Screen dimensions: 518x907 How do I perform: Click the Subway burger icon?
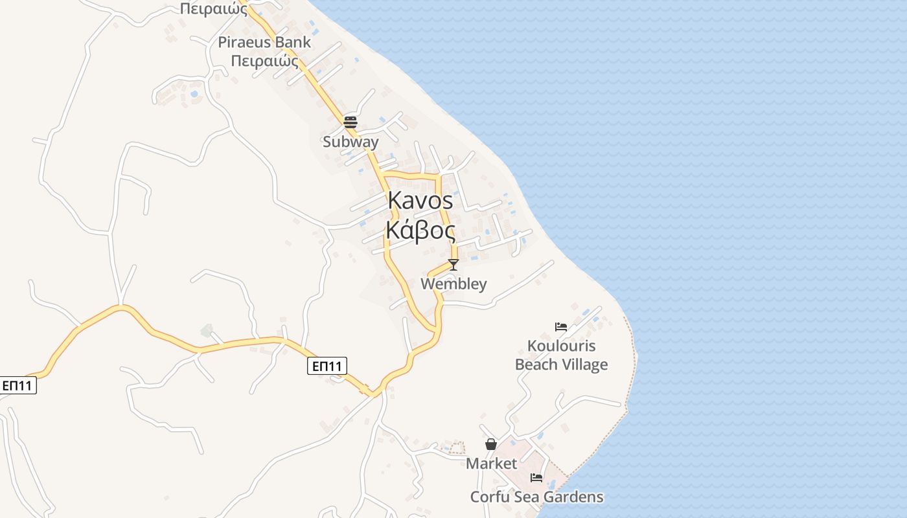pyautogui.click(x=350, y=122)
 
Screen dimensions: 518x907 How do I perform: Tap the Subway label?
pyautogui.click(x=350, y=141)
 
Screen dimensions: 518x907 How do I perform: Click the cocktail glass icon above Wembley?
pyautogui.click(x=454, y=264)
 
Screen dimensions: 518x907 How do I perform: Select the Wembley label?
pyautogui.click(x=454, y=284)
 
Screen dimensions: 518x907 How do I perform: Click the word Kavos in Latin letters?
pyautogui.click(x=420, y=201)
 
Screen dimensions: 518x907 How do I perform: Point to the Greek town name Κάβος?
pyautogui.click(x=420, y=231)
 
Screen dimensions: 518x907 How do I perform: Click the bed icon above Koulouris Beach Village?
pyautogui.click(x=561, y=326)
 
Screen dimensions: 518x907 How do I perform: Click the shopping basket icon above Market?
pyautogui.click(x=491, y=444)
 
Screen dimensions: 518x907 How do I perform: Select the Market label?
pyautogui.click(x=492, y=464)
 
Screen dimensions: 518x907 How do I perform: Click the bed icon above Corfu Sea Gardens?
pyautogui.click(x=536, y=478)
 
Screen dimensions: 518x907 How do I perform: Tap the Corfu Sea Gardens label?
pyautogui.click(x=536, y=497)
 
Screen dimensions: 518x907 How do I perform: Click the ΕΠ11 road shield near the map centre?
pyautogui.click(x=327, y=366)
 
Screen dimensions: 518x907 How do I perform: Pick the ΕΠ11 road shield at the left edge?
pyautogui.click(x=17, y=386)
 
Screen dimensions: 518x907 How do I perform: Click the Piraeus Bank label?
pyautogui.click(x=264, y=43)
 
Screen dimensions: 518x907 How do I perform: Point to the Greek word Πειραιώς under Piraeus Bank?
pyautogui.click(x=264, y=62)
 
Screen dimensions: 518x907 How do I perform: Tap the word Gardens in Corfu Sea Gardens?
pyautogui.click(x=573, y=497)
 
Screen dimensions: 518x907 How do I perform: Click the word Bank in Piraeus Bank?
pyautogui.click(x=293, y=43)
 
